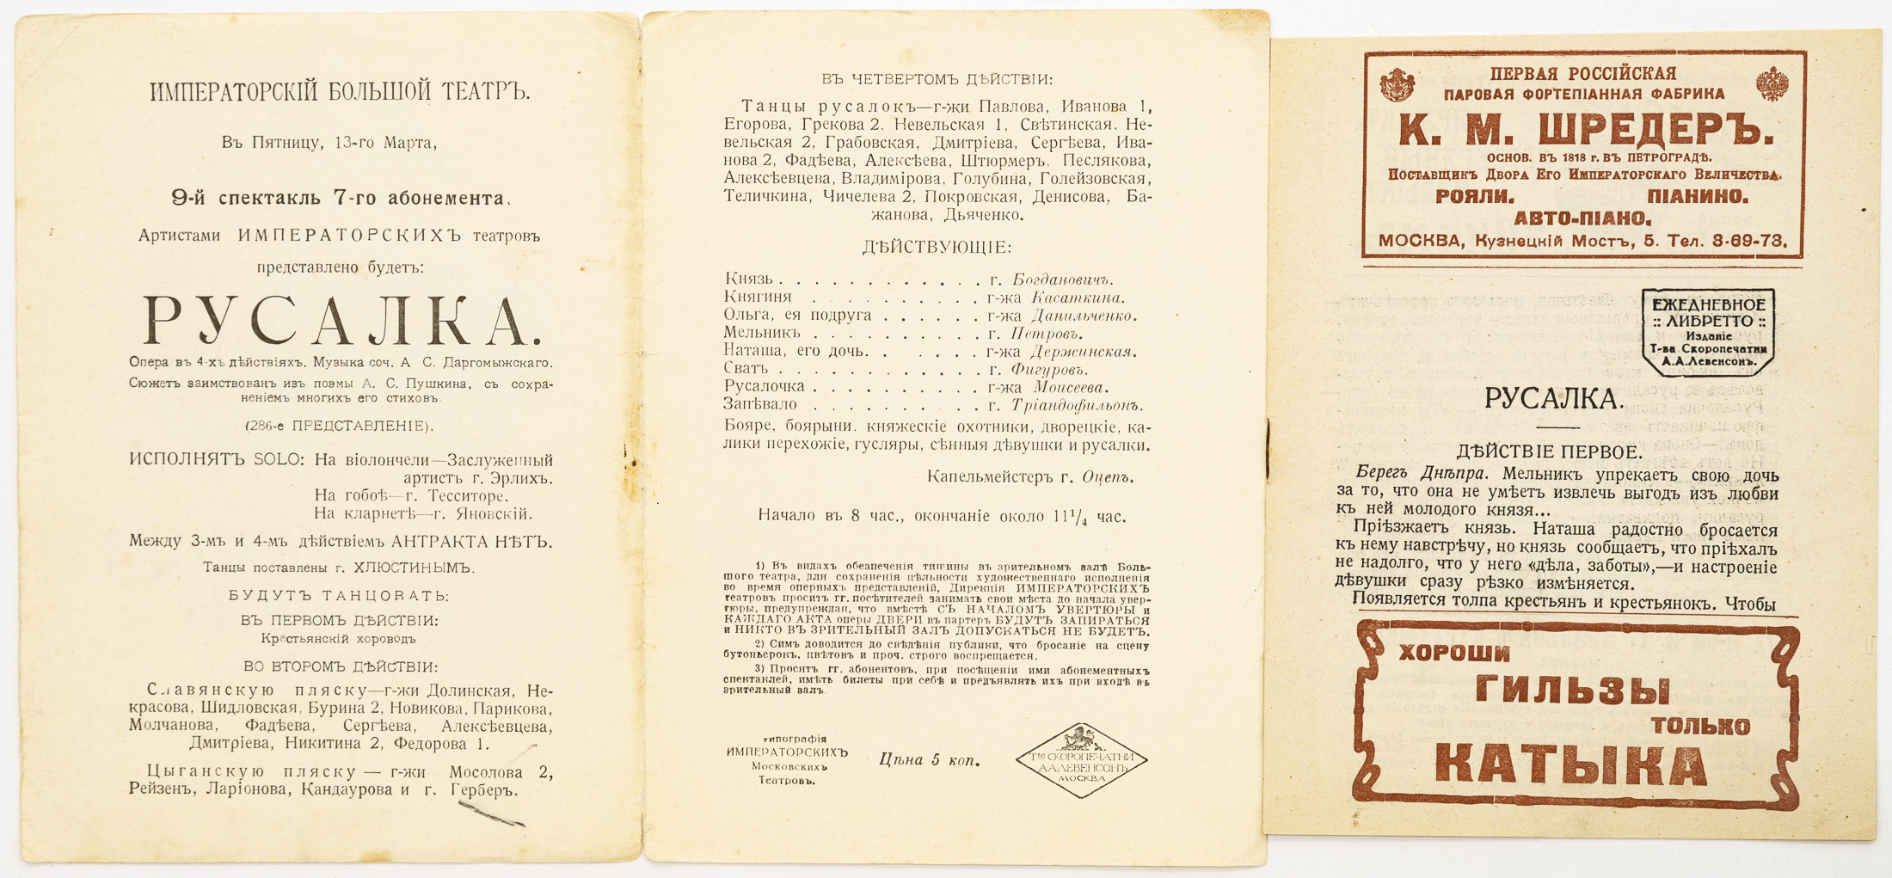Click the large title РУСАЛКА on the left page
click(x=341, y=322)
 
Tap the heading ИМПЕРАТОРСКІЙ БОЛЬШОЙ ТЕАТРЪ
click(x=340, y=92)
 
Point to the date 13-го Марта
click(x=385, y=143)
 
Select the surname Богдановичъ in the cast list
click(x=1063, y=279)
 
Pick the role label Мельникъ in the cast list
click(x=762, y=333)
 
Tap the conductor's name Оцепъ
click(x=1108, y=477)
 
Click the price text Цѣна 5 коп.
click(x=929, y=759)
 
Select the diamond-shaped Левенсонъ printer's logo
click(x=1081, y=759)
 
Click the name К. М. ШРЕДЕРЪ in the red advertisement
click(x=1587, y=131)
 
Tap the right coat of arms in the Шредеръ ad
click(x=1772, y=84)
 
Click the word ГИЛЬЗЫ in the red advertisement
click(x=1573, y=691)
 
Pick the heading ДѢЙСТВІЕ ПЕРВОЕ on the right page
click(x=1549, y=451)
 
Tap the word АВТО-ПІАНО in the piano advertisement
click(x=1582, y=218)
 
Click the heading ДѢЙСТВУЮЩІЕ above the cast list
click(x=937, y=248)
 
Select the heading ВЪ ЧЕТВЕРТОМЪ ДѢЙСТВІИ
click(x=937, y=79)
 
